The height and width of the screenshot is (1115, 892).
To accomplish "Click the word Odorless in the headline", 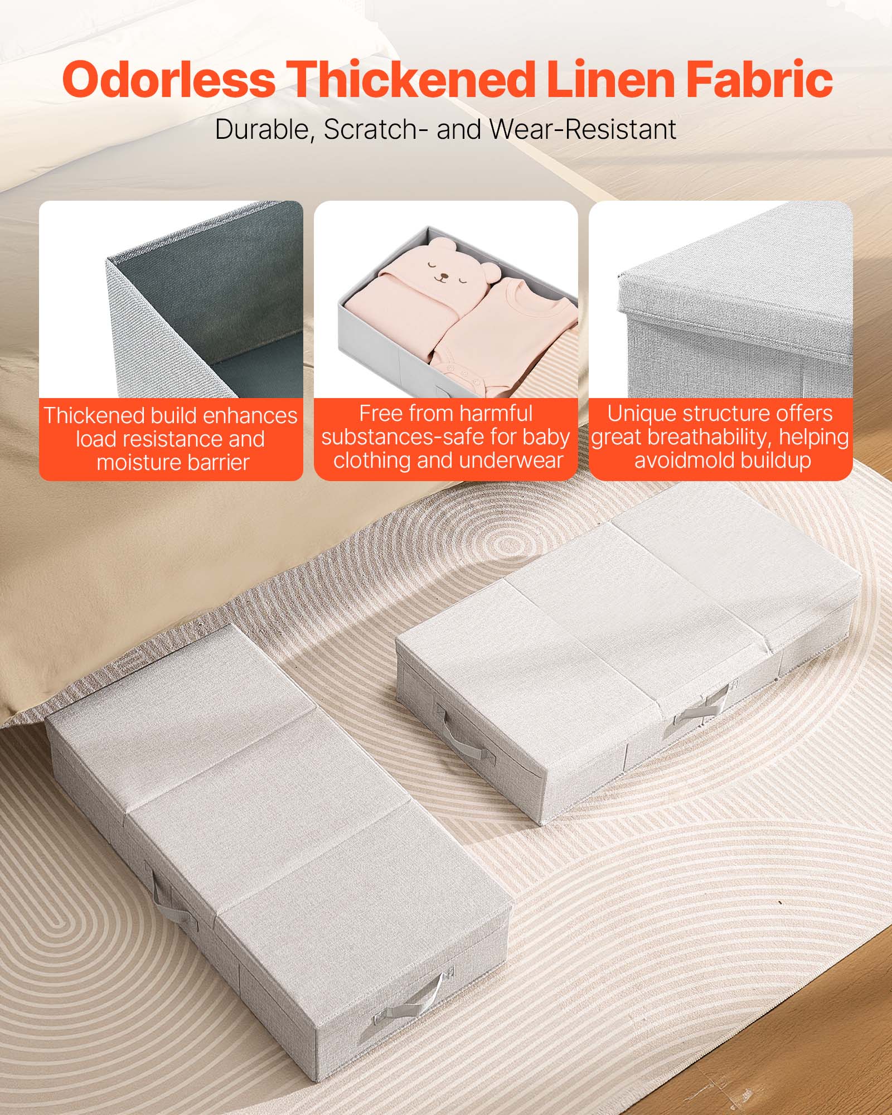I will pyautogui.click(x=168, y=80).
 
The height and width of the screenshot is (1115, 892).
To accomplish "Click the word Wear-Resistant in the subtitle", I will pyautogui.click(x=583, y=129).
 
